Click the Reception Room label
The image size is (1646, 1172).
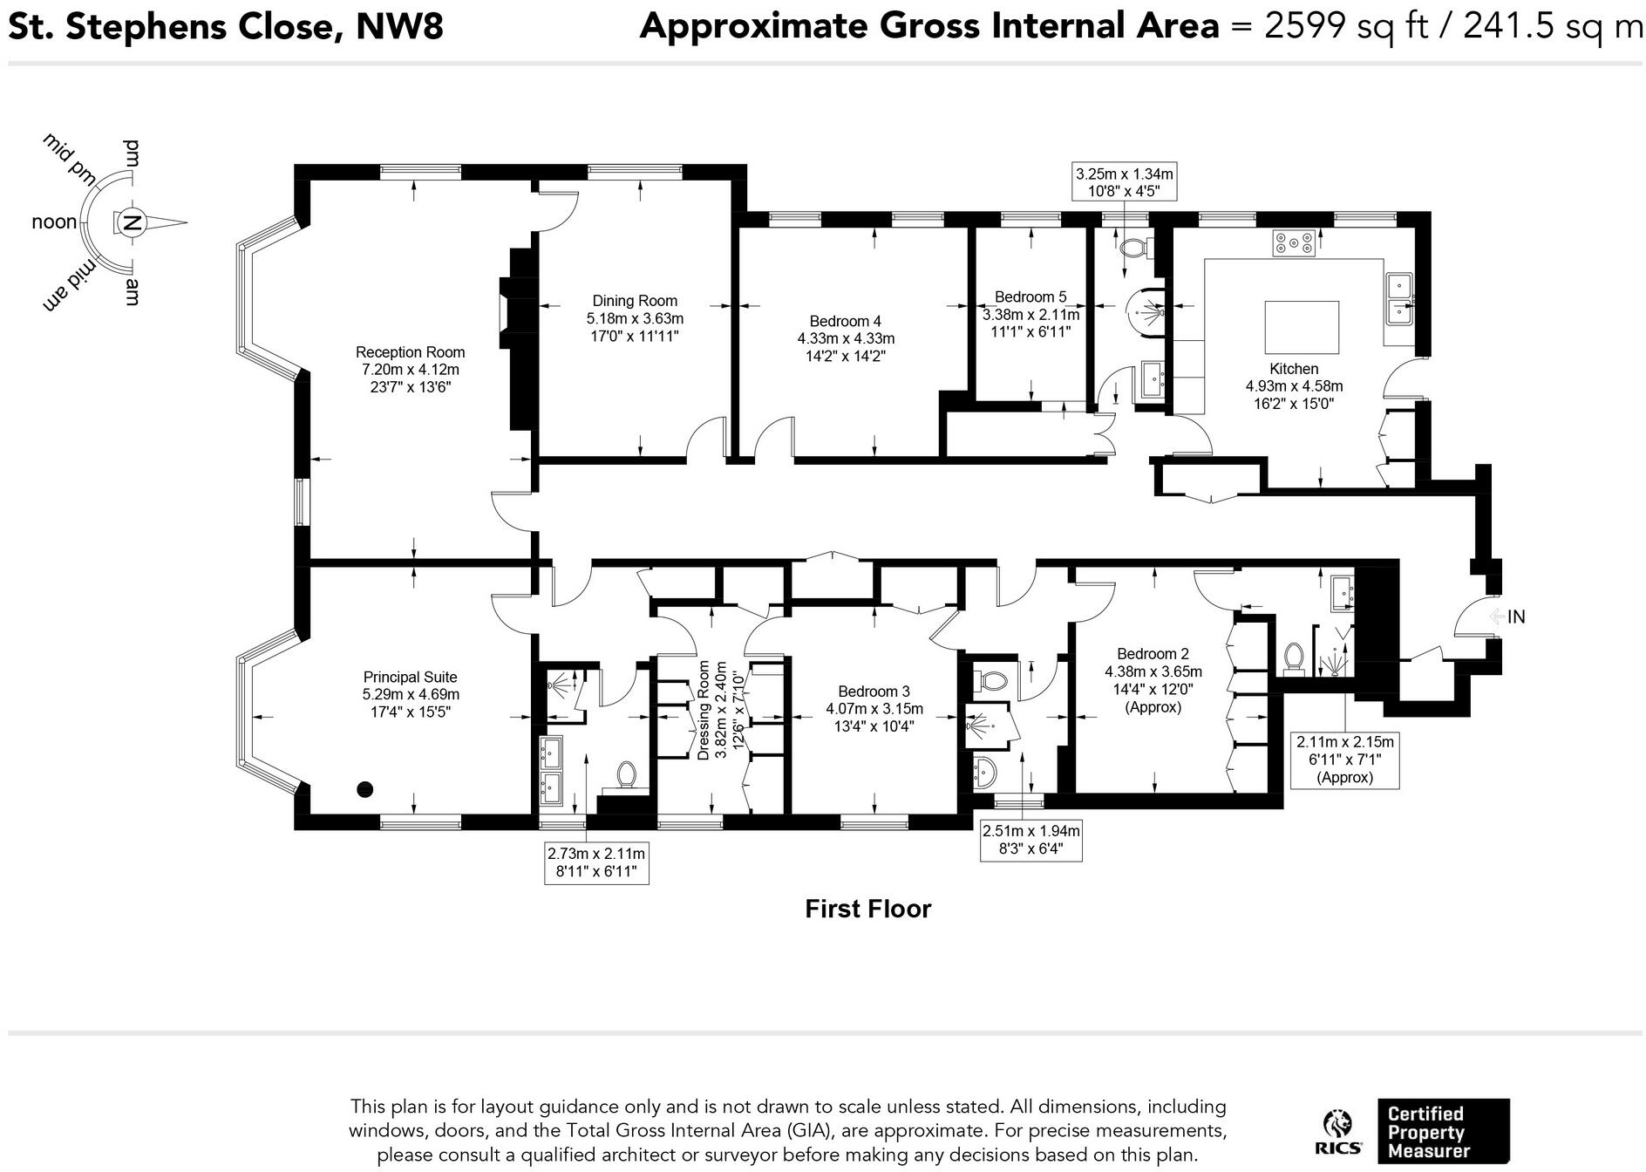pos(410,352)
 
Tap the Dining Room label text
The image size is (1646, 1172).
pos(635,301)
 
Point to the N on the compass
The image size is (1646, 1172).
pos(132,223)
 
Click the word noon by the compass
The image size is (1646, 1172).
pos(54,222)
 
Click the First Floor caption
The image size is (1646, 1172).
pos(867,909)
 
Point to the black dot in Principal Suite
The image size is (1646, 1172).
pos(365,789)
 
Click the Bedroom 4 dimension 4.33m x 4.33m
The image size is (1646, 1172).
pos(845,338)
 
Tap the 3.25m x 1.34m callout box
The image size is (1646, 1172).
pos(1125,182)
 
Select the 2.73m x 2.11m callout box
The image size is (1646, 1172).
pos(596,862)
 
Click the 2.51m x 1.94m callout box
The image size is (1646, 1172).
pos(1031,840)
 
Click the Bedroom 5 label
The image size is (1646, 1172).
pos(1030,297)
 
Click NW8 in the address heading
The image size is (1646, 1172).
pos(399,27)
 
